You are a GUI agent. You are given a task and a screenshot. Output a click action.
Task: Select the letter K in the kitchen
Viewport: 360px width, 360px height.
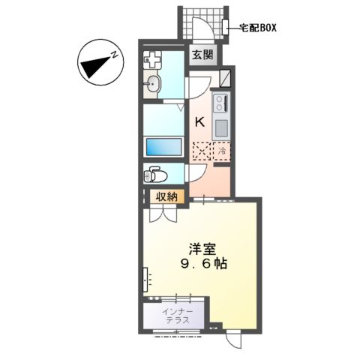click(200, 122)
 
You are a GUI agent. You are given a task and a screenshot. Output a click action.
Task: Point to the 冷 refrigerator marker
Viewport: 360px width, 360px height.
click(223, 150)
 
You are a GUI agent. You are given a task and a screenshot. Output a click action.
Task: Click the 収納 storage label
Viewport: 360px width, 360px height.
click(166, 197)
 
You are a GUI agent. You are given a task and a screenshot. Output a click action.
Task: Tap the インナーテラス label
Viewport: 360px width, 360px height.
click(178, 315)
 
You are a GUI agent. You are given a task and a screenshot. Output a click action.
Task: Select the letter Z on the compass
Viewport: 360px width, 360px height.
click(115, 54)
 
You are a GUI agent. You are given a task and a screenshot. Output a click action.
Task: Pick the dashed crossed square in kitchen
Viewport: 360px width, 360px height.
click(202, 150)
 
